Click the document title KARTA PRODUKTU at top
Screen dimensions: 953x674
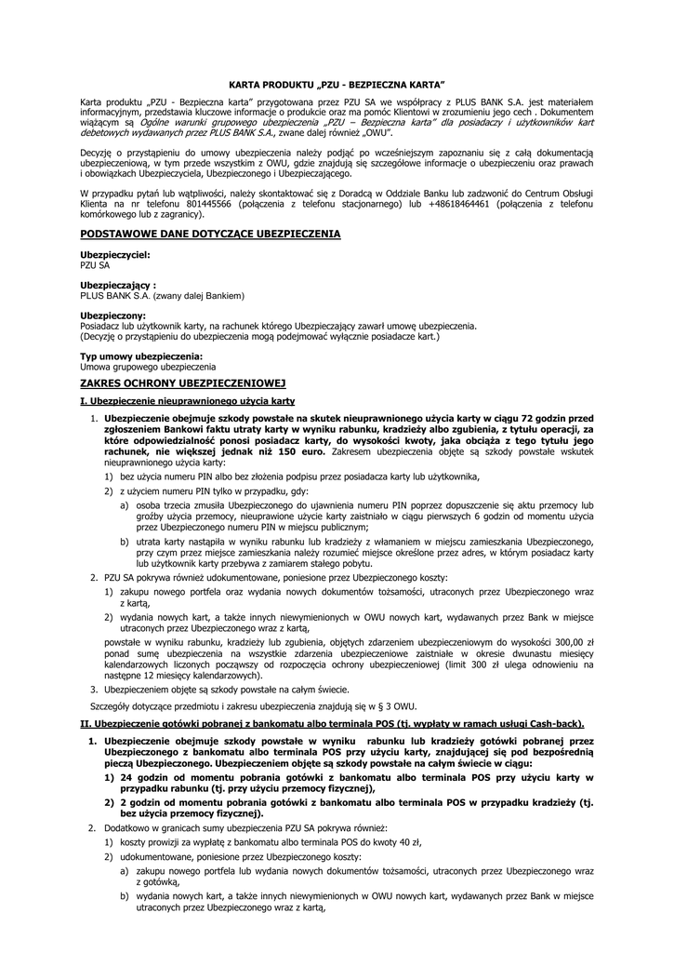pyautogui.click(x=337, y=84)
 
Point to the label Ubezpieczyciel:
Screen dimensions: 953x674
pyautogui.click(x=114, y=254)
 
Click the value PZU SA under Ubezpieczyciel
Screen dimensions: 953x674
pyautogui.click(x=95, y=264)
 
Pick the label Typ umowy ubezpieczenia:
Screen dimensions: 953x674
pyautogui.click(x=141, y=356)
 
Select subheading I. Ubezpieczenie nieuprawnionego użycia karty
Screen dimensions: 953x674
pyautogui.click(x=188, y=400)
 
